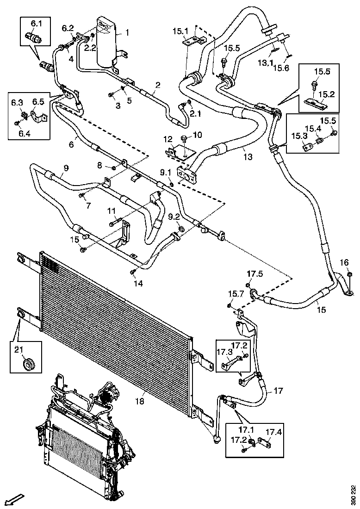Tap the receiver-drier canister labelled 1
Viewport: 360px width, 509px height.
point(106,42)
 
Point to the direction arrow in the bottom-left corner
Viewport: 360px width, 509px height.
point(13,500)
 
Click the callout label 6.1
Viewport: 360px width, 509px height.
point(36,23)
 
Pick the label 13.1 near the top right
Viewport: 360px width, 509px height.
point(265,62)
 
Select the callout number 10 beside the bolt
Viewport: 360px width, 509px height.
point(198,135)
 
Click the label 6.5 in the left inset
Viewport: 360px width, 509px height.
point(38,102)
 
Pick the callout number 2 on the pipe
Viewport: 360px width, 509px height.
point(158,85)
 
